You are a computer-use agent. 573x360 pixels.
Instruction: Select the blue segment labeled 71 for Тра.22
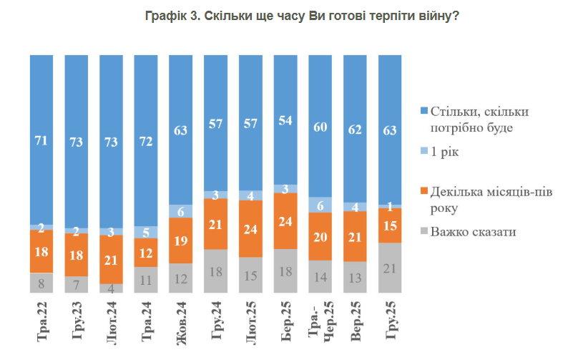tap(41, 140)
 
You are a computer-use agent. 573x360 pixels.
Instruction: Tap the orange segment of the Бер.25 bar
tap(286, 220)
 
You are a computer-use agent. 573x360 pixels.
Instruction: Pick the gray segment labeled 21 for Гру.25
tap(391, 268)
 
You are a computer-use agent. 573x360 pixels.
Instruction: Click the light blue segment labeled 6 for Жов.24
tap(181, 211)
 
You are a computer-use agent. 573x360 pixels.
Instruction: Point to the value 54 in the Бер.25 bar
tap(286, 120)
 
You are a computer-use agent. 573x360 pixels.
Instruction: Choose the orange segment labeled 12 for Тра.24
tap(146, 252)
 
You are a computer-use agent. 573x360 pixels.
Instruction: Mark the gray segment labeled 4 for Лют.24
tap(111, 288)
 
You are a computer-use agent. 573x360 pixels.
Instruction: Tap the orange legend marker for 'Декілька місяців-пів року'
tap(423, 191)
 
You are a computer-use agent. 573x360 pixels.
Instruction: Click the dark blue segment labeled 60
tap(320, 126)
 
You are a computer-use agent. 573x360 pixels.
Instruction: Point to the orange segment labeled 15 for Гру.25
tap(391, 225)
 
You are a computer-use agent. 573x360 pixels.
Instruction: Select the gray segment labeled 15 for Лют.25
tap(251, 275)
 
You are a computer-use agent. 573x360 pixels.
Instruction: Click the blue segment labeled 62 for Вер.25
tap(356, 129)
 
